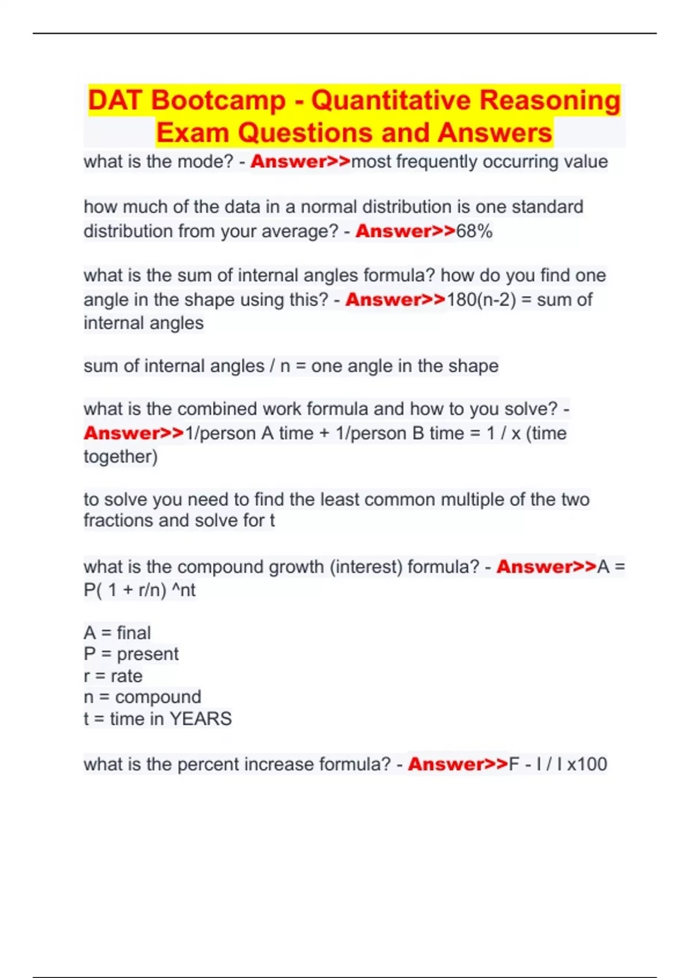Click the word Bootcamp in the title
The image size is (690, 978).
click(218, 100)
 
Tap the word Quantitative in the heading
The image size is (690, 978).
click(389, 100)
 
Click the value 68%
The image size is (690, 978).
click(474, 231)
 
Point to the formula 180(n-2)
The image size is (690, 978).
click(481, 300)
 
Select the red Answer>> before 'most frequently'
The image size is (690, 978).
click(300, 162)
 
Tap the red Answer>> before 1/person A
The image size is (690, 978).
click(133, 433)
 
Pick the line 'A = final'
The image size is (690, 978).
click(117, 633)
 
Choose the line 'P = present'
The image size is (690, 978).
click(131, 654)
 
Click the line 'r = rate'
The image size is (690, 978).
click(113, 676)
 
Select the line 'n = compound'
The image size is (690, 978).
click(143, 697)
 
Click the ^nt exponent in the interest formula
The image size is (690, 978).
click(184, 590)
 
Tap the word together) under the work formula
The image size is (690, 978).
click(121, 457)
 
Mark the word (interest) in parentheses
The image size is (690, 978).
click(366, 567)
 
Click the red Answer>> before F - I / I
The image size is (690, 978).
click(458, 765)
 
